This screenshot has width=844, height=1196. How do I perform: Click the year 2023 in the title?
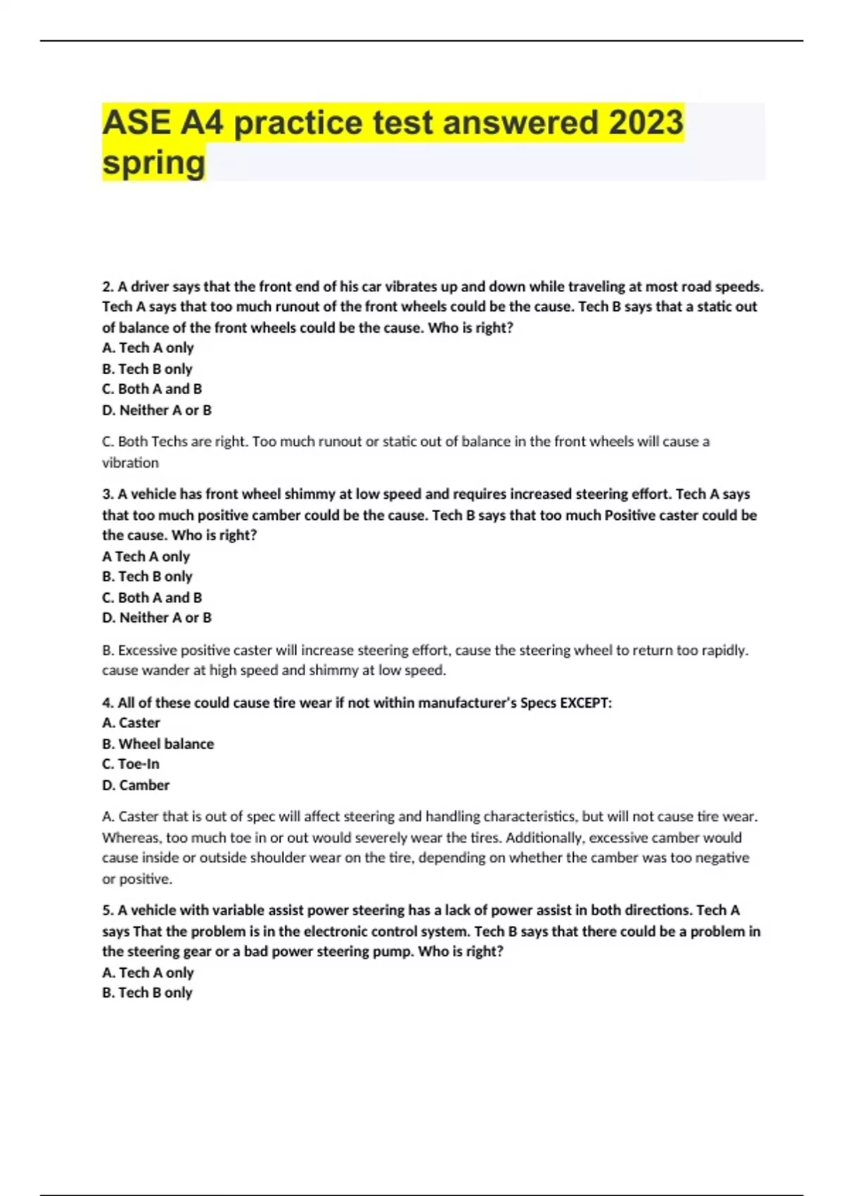[646, 122]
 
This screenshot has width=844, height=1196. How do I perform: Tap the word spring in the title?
[154, 163]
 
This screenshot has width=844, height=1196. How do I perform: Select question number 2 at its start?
[108, 287]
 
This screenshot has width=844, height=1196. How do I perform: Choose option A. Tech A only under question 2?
[148, 348]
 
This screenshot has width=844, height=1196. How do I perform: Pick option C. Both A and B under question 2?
[152, 389]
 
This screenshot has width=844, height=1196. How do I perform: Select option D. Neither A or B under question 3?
[157, 618]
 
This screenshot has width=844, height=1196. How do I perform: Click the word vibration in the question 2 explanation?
[130, 463]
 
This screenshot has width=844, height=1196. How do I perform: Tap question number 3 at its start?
[108, 494]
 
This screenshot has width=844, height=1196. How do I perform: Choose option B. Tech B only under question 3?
[147, 576]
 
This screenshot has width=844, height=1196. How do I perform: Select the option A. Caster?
[131, 723]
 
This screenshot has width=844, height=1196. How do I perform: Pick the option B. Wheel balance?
[158, 744]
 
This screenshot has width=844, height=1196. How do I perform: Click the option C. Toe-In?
[131, 764]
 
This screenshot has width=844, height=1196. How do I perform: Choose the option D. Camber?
[136, 785]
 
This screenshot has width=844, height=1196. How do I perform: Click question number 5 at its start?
[108, 910]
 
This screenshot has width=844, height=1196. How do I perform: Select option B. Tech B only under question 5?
[147, 993]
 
